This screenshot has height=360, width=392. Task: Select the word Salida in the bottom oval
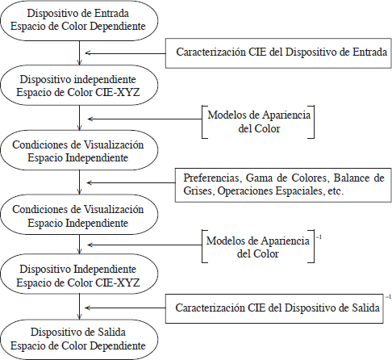(x=111, y=332)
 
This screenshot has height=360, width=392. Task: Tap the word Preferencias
(x=211, y=178)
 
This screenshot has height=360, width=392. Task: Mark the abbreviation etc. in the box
(x=336, y=191)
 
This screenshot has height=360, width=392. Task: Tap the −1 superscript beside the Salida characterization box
(x=388, y=297)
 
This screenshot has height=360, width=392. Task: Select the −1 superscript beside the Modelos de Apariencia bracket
(x=319, y=237)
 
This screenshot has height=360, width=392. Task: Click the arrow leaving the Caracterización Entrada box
(x=125, y=53)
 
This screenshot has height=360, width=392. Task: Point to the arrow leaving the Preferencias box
(x=131, y=183)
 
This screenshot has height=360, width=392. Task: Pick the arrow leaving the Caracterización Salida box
(x=125, y=308)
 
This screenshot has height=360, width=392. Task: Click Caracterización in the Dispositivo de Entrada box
(x=211, y=52)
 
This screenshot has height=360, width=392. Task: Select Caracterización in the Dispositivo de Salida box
(x=210, y=308)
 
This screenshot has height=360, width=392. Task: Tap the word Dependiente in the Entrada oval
(x=118, y=27)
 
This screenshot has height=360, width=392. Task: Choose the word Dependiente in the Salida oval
(x=118, y=345)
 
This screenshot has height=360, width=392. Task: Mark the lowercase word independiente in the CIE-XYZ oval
(x=105, y=80)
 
